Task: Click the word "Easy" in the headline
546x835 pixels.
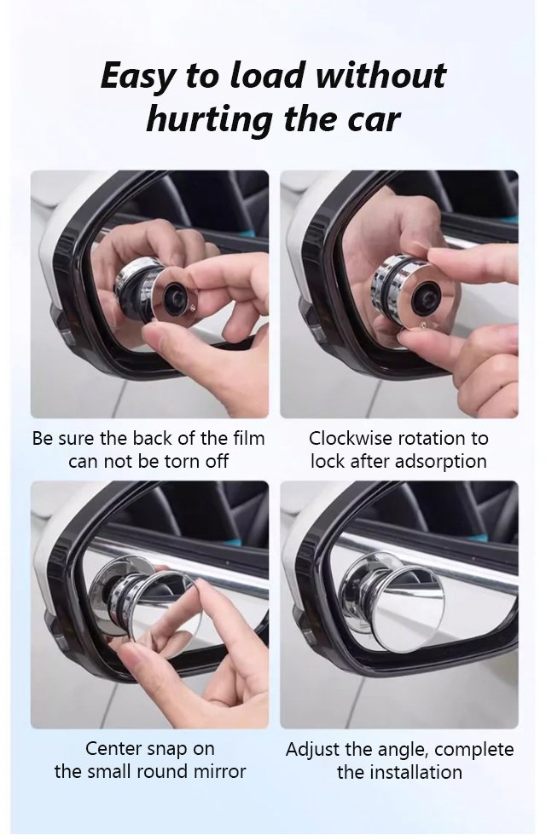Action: (137, 76)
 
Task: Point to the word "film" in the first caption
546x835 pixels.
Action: (248, 438)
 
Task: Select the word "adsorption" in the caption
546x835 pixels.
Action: (444, 461)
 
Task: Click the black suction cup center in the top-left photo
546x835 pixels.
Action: (174, 293)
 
